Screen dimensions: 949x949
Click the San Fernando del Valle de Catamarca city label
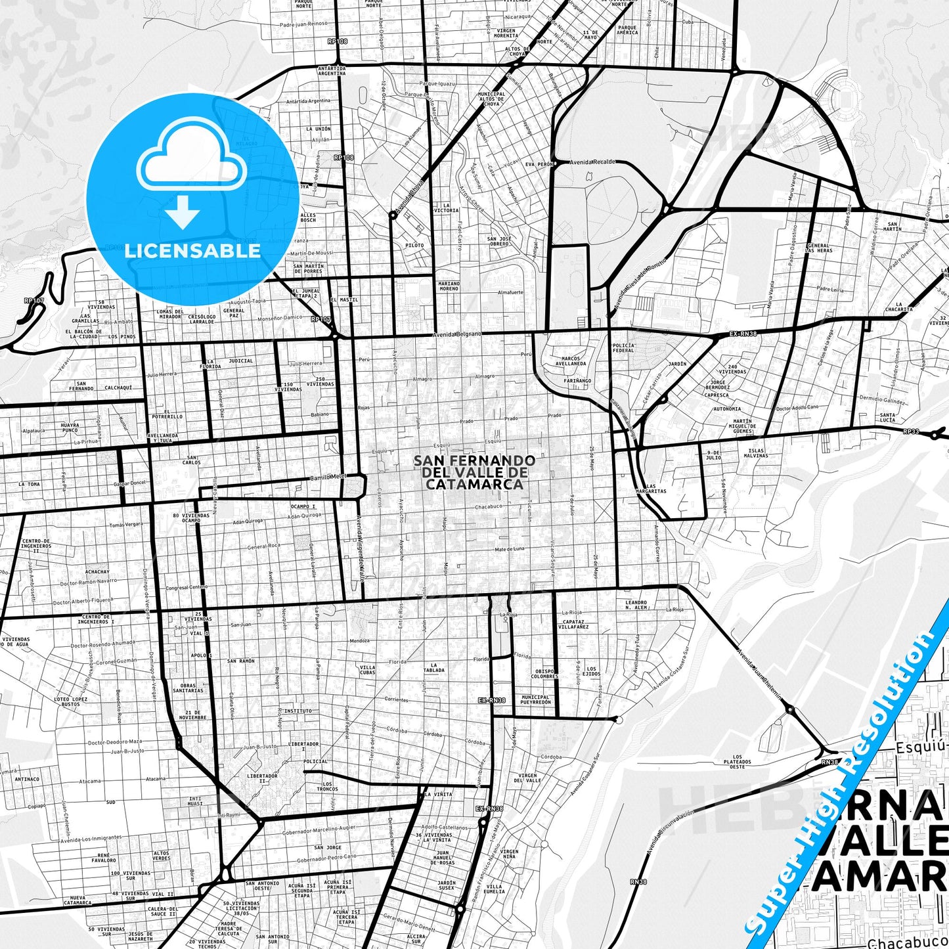(474, 472)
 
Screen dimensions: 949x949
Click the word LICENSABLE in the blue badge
(192, 251)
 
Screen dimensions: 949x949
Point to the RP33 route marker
(911, 431)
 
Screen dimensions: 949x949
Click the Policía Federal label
(623, 347)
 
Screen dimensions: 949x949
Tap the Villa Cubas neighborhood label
(367, 670)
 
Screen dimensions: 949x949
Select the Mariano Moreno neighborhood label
(449, 286)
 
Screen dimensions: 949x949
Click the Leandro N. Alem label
(636, 605)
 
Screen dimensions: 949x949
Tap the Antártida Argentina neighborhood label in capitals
(331, 70)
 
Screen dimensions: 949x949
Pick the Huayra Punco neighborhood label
(70, 428)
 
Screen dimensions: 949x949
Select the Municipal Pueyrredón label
(535, 699)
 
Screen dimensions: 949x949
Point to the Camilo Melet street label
(327, 476)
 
